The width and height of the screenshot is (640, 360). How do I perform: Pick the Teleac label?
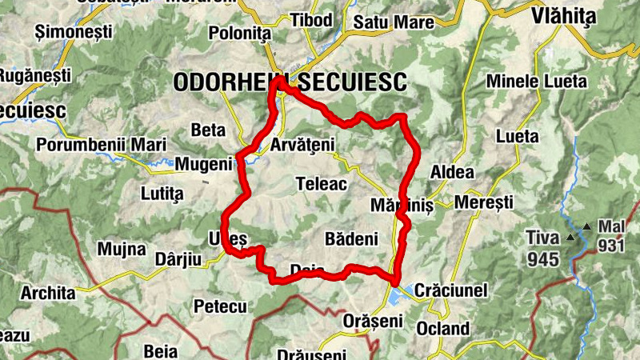click(321, 184)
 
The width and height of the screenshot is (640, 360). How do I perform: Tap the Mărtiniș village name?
click(402, 206)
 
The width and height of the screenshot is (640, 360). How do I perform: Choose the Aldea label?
click(452, 173)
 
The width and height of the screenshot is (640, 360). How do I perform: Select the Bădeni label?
click(351, 239)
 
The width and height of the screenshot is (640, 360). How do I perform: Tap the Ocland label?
click(442, 328)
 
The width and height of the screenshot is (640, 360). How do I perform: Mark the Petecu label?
click(220, 306)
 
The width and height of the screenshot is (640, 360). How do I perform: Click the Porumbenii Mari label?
click(101, 145)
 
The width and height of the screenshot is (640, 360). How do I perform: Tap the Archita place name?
click(48, 293)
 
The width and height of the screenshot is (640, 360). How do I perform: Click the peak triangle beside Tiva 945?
click(570, 238)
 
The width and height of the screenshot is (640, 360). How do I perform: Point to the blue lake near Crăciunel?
click(399, 297)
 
